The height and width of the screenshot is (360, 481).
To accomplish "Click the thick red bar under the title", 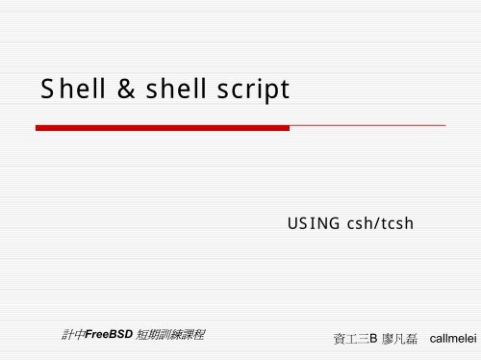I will (x=162, y=127).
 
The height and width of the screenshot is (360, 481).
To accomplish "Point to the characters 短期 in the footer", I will (x=148, y=336).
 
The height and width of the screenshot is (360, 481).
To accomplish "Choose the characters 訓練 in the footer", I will (x=174, y=336).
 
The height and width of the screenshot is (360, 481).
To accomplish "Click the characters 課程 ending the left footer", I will (x=199, y=336).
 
